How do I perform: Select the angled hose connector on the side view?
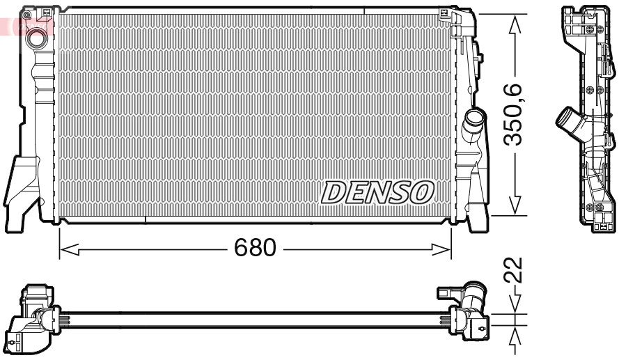(x=569, y=124)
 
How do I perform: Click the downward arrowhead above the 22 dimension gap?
(x=515, y=305)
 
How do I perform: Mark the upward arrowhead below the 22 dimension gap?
(x=515, y=336)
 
